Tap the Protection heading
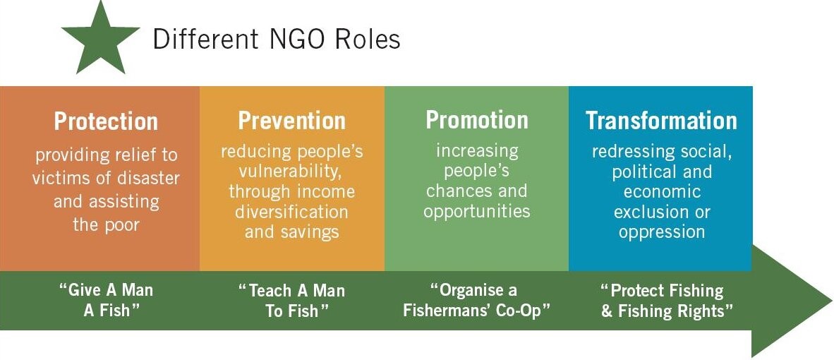coord(106,121)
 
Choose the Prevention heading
coord(291,121)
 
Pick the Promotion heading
coord(476,120)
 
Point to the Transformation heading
coord(661,121)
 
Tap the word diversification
coord(291,212)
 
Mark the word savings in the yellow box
coord(310,232)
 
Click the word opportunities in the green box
coord(476,210)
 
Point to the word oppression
coord(661,232)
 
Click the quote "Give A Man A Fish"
coord(106,300)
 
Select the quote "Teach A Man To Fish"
coord(291,300)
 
